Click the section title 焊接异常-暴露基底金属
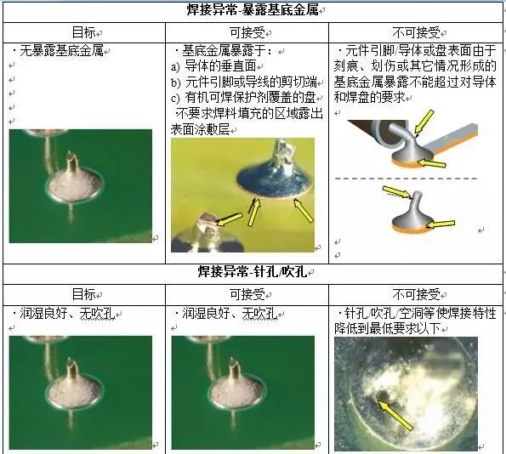253,10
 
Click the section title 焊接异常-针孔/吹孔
253,272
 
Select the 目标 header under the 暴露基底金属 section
83,32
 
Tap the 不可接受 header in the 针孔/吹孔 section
417,294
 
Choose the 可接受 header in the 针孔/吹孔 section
247,294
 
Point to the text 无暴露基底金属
61,51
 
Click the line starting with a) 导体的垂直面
213,66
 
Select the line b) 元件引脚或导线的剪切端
244,82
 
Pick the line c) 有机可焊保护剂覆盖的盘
243,98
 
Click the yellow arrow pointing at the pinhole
395,416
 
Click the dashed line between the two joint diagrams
406,179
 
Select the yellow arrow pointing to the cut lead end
229,218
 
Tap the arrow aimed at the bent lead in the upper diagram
424,122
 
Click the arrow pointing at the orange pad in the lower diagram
441,224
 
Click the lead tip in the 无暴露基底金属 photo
72,159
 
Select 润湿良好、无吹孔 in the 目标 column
67,314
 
